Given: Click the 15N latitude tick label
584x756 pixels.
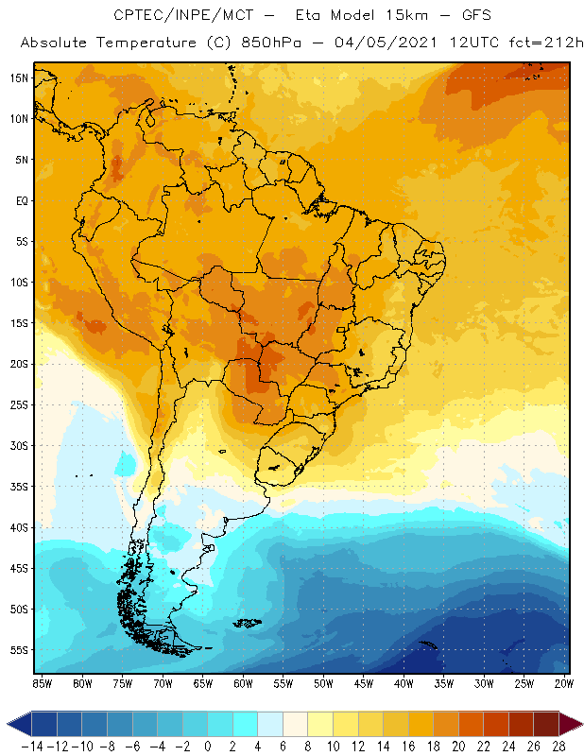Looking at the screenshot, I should tap(19, 77).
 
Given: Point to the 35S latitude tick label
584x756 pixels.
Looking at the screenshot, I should tap(19, 486).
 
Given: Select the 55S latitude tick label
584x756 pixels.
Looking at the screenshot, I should tap(19, 649).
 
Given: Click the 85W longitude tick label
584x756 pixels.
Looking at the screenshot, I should tap(42, 682).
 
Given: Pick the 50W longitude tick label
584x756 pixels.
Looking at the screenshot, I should tap(323, 682).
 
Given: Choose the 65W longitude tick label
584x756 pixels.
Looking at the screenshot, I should tap(202, 682).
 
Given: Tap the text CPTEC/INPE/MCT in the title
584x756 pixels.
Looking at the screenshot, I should tap(175, 16).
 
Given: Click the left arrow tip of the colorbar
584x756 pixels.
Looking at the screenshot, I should tap(9, 724).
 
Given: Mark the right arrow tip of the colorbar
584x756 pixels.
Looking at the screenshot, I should tap(578, 724).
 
